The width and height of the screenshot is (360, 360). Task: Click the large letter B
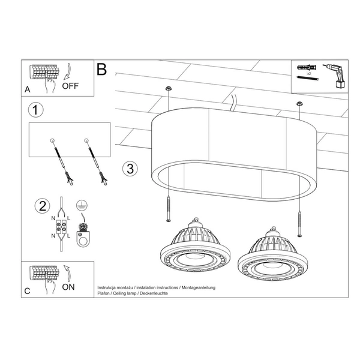102,70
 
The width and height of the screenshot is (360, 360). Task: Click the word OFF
71,85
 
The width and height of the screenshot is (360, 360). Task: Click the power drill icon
334,76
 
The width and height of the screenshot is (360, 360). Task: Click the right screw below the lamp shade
298,221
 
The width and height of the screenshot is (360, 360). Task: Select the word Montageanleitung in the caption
196,288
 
